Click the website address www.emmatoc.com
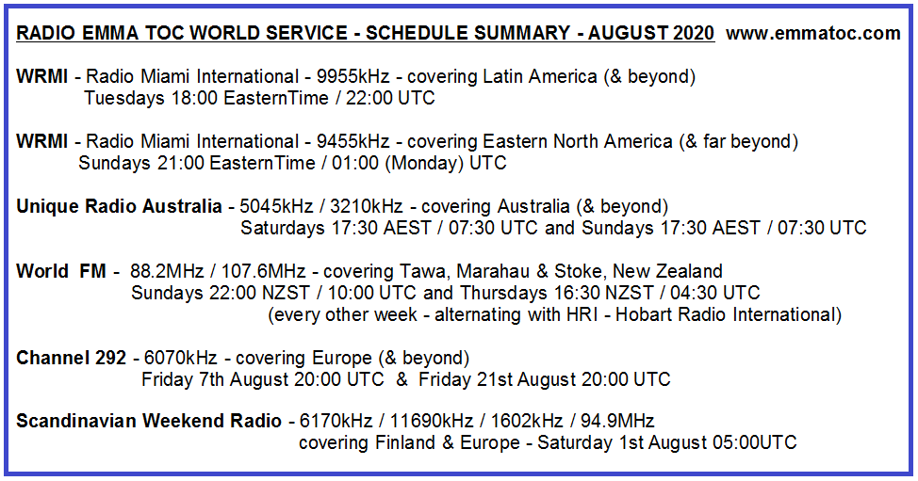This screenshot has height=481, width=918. click(x=814, y=34)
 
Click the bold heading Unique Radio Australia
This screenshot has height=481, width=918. click(x=119, y=206)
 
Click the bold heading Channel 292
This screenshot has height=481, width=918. click(x=74, y=358)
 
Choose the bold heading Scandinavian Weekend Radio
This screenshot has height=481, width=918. click(x=149, y=421)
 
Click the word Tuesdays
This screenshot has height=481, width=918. click(x=122, y=98)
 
